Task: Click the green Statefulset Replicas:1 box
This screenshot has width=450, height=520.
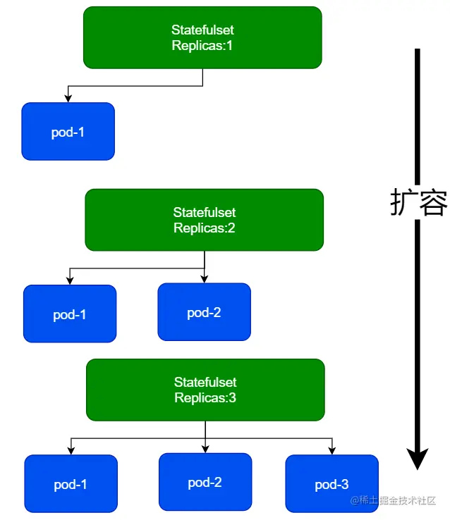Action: click(202, 37)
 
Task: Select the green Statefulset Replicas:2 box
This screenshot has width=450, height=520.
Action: click(204, 220)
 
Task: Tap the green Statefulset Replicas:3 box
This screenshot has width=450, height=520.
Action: click(205, 390)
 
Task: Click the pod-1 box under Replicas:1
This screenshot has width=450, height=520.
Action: click(68, 131)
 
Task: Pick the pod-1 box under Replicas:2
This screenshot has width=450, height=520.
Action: click(70, 314)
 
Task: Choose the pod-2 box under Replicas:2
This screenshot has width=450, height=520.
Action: click(204, 311)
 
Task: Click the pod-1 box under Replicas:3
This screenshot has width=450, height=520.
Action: click(71, 483)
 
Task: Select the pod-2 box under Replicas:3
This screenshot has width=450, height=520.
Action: click(205, 482)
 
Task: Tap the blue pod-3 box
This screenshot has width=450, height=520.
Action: click(332, 483)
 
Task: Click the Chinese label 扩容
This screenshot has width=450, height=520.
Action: click(418, 202)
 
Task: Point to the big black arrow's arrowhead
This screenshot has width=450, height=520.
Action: click(418, 459)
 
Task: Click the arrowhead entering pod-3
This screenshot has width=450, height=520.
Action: click(332, 450)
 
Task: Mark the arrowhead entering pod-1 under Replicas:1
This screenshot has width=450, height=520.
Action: click(68, 98)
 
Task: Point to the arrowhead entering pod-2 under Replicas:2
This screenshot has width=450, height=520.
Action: click(205, 278)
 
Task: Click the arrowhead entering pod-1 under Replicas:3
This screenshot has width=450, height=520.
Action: click(71, 450)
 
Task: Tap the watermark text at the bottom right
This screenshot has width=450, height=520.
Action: click(393, 500)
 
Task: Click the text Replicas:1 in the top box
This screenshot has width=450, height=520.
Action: click(202, 45)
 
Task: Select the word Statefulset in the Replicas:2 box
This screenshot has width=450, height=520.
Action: click(204, 212)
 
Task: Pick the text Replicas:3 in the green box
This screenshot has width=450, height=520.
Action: click(205, 397)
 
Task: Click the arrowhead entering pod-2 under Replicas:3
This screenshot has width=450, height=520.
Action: click(205, 449)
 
